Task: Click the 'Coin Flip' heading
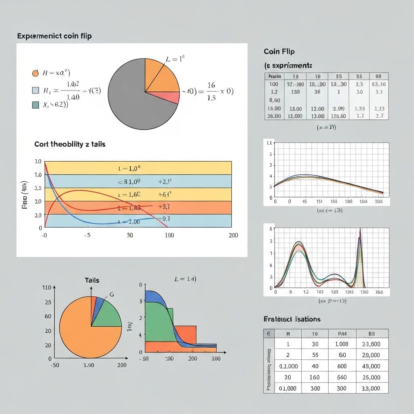pyautogui.click(x=279, y=52)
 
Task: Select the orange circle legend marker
pyautogui.click(x=35, y=73)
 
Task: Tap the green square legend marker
pyautogui.click(x=35, y=105)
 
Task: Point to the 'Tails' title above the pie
pyautogui.click(x=92, y=280)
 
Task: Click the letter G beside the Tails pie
pyautogui.click(x=112, y=295)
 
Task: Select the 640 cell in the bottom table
pyautogui.click(x=342, y=377)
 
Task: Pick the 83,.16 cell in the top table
pyautogui.click(x=378, y=84)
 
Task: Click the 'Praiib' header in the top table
pyautogui.click(x=275, y=76)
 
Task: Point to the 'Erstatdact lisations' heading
pyautogui.click(x=291, y=319)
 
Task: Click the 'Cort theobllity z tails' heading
pyautogui.click(x=70, y=144)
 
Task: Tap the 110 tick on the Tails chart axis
pyautogui.click(x=46, y=287)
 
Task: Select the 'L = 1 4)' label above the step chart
pyautogui.click(x=185, y=279)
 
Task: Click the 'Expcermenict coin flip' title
pyautogui.click(x=54, y=36)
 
